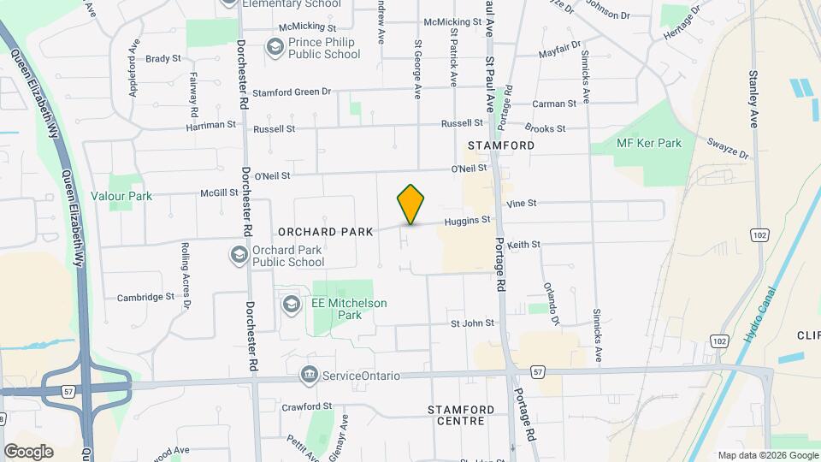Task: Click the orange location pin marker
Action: click(x=411, y=204)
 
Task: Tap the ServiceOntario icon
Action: click(x=309, y=375)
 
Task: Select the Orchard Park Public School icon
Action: click(x=239, y=254)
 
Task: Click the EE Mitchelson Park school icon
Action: click(x=292, y=305)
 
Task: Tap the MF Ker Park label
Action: click(x=649, y=143)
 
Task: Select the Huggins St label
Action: click(x=467, y=221)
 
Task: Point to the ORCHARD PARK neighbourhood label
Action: click(x=326, y=232)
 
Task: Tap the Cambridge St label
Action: click(x=145, y=298)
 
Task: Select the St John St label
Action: click(x=473, y=323)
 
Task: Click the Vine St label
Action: click(x=521, y=204)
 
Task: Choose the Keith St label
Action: click(x=523, y=245)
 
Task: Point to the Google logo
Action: click(x=28, y=452)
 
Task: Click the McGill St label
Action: click(x=220, y=193)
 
